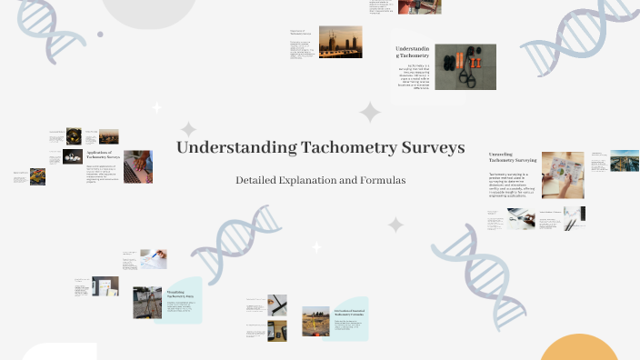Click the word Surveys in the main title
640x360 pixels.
432,147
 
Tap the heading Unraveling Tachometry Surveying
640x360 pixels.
513,157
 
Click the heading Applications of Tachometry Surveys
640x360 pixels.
103,155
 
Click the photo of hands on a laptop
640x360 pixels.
137,166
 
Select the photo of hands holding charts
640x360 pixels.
563,175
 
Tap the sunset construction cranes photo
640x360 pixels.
340,41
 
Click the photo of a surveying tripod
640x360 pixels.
146,302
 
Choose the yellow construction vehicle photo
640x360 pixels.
37,176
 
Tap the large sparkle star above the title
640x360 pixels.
370,113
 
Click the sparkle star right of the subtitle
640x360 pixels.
395,224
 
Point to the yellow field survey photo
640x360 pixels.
315,320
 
